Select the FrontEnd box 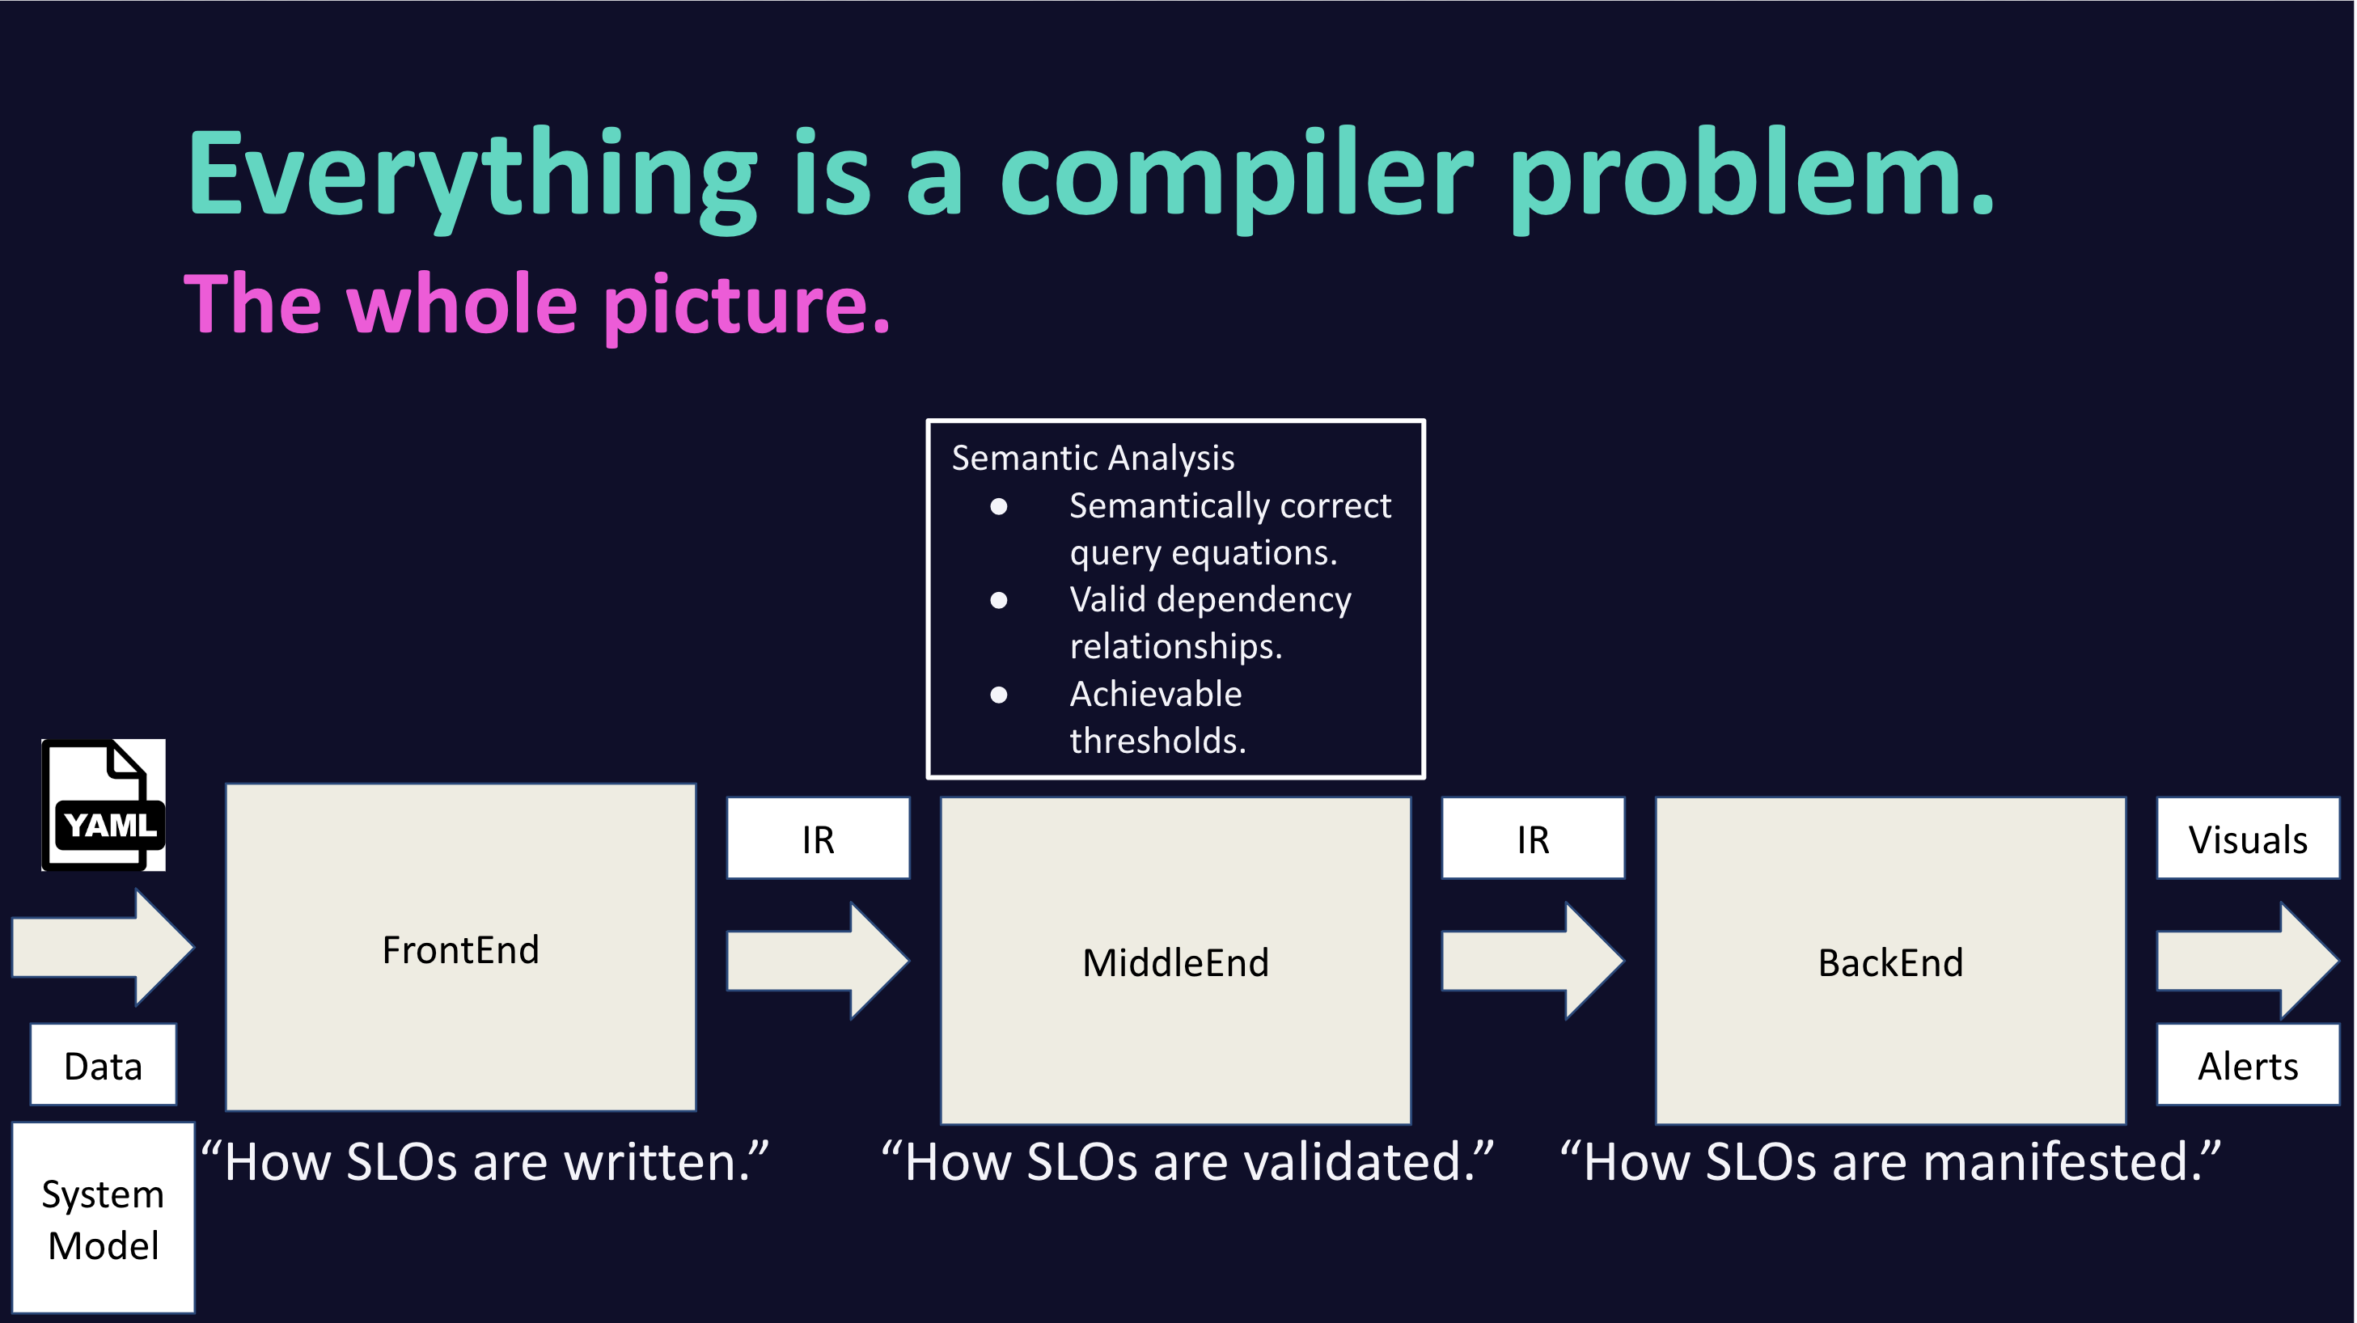coord(460,948)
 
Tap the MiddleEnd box coord(1174,961)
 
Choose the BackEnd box coord(1890,961)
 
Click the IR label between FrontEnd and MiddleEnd coord(818,839)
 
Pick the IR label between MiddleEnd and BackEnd coord(1533,839)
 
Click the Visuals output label coord(2247,839)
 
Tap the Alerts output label coord(2247,1065)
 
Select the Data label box coord(104,1065)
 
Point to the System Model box coord(104,1219)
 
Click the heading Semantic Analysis coord(1093,458)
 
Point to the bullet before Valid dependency coord(998,600)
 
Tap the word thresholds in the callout coord(1157,740)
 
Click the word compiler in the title coord(1237,174)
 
